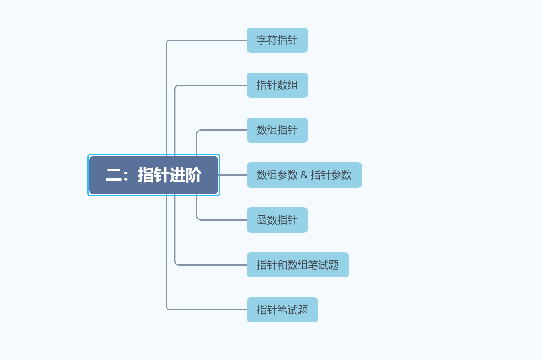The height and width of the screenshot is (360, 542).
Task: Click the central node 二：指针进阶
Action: pos(154,175)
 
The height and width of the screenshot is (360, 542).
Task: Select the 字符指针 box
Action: pos(277,40)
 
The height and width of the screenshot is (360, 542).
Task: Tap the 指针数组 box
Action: pos(277,85)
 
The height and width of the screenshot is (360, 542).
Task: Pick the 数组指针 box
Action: pos(277,130)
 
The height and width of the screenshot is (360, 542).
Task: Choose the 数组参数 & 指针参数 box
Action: pos(304,175)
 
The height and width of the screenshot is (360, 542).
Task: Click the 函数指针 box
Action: pos(277,220)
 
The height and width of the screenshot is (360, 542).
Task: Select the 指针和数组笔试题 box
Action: pos(297,265)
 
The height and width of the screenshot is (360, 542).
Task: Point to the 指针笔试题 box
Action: pos(282,310)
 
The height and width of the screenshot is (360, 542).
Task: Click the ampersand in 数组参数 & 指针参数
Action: pos(304,175)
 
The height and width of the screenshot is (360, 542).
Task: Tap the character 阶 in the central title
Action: pos(194,175)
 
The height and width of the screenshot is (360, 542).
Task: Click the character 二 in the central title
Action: pos(114,175)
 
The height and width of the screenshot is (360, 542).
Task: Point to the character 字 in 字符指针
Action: pos(262,40)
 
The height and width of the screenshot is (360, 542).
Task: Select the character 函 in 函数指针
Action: pos(262,220)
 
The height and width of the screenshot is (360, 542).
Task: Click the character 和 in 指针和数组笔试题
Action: pos(282,265)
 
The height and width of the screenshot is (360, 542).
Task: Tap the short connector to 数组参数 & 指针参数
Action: pos(233,175)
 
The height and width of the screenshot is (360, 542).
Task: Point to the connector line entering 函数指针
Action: pos(222,220)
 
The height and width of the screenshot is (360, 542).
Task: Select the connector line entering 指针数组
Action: pos(211,85)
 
